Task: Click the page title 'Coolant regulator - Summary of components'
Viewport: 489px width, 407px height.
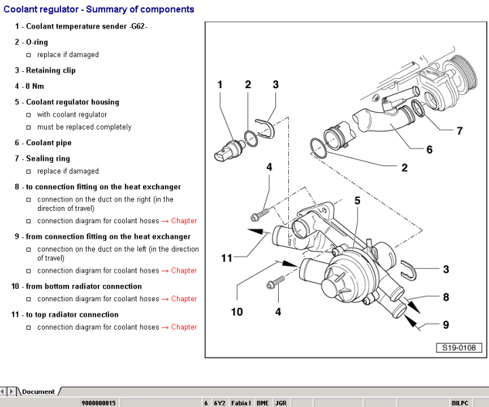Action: point(99,9)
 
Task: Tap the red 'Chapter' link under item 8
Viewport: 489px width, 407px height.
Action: point(184,220)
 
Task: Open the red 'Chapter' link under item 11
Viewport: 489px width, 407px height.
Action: point(184,327)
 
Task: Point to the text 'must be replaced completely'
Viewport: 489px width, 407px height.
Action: point(84,127)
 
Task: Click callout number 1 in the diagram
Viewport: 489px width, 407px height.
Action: point(220,85)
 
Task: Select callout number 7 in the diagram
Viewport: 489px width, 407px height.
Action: point(459,130)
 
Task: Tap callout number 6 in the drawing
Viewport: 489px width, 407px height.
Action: point(429,149)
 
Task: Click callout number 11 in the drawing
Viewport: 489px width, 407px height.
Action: point(227,258)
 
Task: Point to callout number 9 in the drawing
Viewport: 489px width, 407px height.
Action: point(446,325)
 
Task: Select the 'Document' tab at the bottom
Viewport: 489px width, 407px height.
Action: point(38,391)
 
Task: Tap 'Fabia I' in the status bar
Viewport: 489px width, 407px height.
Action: point(241,403)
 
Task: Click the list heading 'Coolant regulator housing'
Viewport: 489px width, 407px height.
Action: point(72,102)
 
